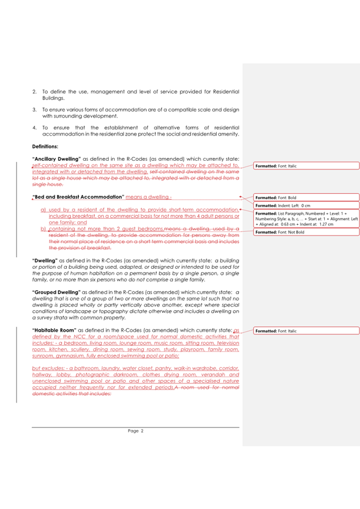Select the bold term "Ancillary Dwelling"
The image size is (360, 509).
57,159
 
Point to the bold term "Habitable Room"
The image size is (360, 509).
54,329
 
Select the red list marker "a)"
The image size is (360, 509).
43,210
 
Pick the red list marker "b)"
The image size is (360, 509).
43,228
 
